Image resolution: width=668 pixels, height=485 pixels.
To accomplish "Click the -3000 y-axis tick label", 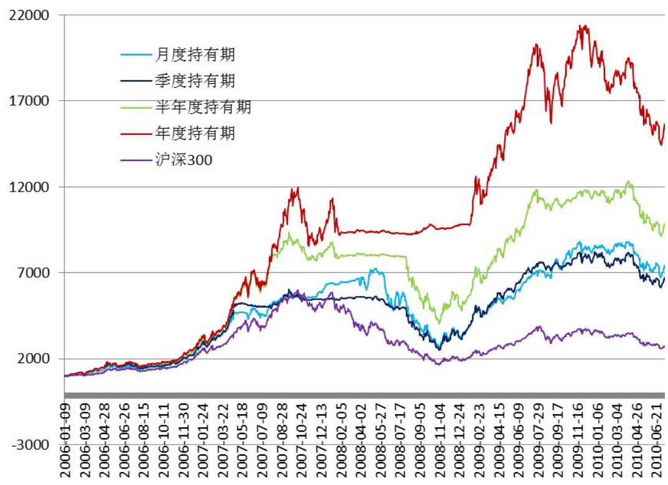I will click(x=30, y=445).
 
